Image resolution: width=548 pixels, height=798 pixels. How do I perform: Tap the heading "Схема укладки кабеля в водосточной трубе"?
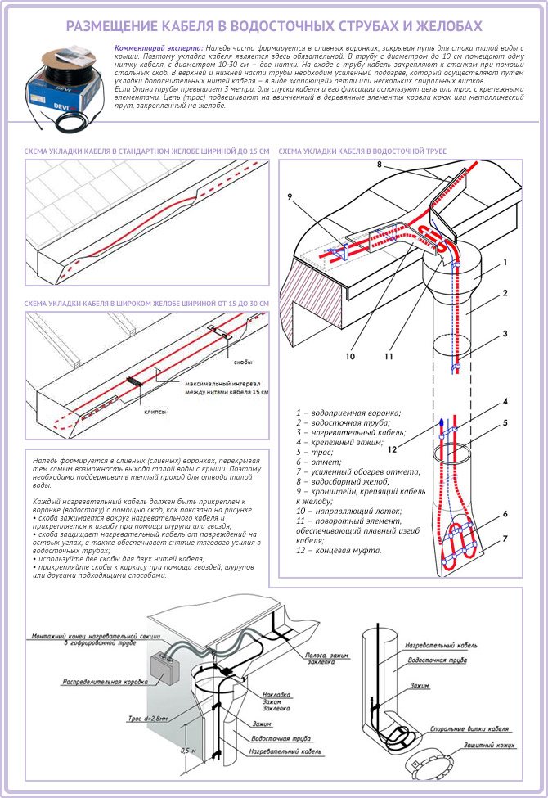coord(362,151)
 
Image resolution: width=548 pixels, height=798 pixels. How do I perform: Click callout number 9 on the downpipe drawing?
coord(290,196)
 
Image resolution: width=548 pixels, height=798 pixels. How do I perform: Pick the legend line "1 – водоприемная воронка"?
coord(348,413)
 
